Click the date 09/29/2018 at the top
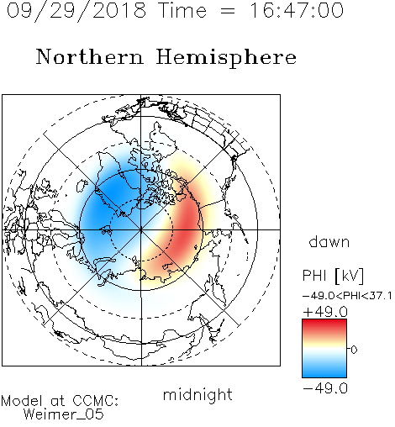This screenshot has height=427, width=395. click(x=76, y=10)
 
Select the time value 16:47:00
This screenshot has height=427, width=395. click(x=296, y=10)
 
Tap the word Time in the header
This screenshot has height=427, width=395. click(x=182, y=10)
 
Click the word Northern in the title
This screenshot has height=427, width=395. click(x=90, y=56)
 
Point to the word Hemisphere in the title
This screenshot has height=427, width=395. click(x=226, y=57)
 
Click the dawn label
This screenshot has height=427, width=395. click(x=329, y=241)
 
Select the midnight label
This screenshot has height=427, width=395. click(x=197, y=394)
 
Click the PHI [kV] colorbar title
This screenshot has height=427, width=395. click(x=333, y=276)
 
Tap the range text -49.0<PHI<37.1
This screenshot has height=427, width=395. click(x=347, y=296)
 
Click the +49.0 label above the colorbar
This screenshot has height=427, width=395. click(x=325, y=312)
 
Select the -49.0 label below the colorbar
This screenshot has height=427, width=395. click(x=325, y=388)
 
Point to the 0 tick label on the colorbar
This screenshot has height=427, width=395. click(x=354, y=350)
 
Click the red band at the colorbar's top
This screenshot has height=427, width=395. click(x=324, y=324)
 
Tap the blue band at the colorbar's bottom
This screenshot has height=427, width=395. click(x=324, y=372)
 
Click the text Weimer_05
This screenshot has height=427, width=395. click(x=64, y=414)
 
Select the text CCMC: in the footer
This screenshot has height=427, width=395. click(x=95, y=401)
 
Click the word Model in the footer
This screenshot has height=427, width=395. click(x=23, y=401)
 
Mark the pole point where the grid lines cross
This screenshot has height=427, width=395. click(x=141, y=229)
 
